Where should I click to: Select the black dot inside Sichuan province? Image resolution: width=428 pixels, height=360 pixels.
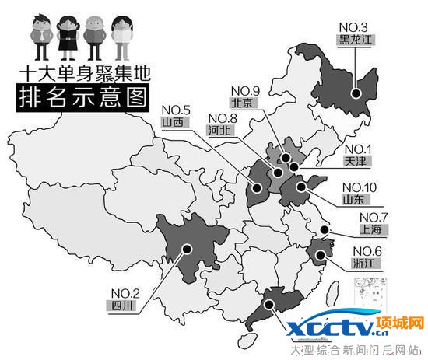coord(187,249)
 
